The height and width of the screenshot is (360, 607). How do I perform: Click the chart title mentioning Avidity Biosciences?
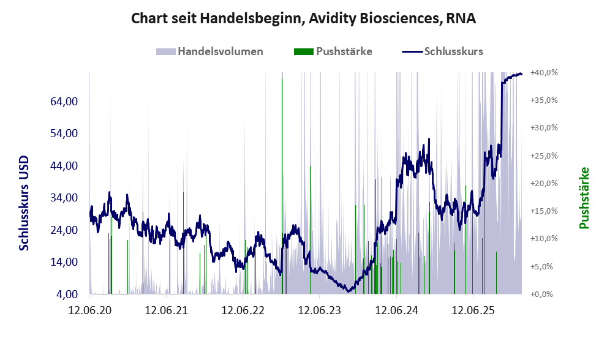(303, 19)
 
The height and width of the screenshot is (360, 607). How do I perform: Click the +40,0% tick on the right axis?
(544, 72)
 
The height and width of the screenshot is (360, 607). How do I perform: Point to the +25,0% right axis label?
(544, 156)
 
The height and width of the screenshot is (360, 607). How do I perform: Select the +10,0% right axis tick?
(544, 239)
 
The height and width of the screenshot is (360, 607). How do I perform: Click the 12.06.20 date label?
(90, 310)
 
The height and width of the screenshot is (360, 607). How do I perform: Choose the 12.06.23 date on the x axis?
(319, 310)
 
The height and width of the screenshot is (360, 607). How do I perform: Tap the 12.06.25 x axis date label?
(472, 310)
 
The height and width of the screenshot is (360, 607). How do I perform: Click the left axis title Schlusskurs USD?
(25, 203)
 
